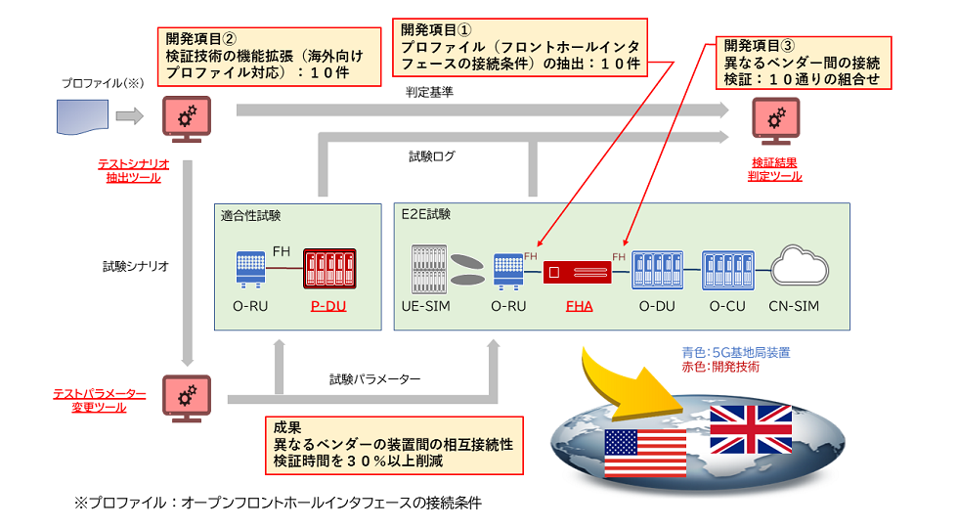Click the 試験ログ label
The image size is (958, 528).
[x=432, y=156]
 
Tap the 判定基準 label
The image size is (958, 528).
[x=430, y=93]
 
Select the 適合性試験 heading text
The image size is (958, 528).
[x=252, y=215]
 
